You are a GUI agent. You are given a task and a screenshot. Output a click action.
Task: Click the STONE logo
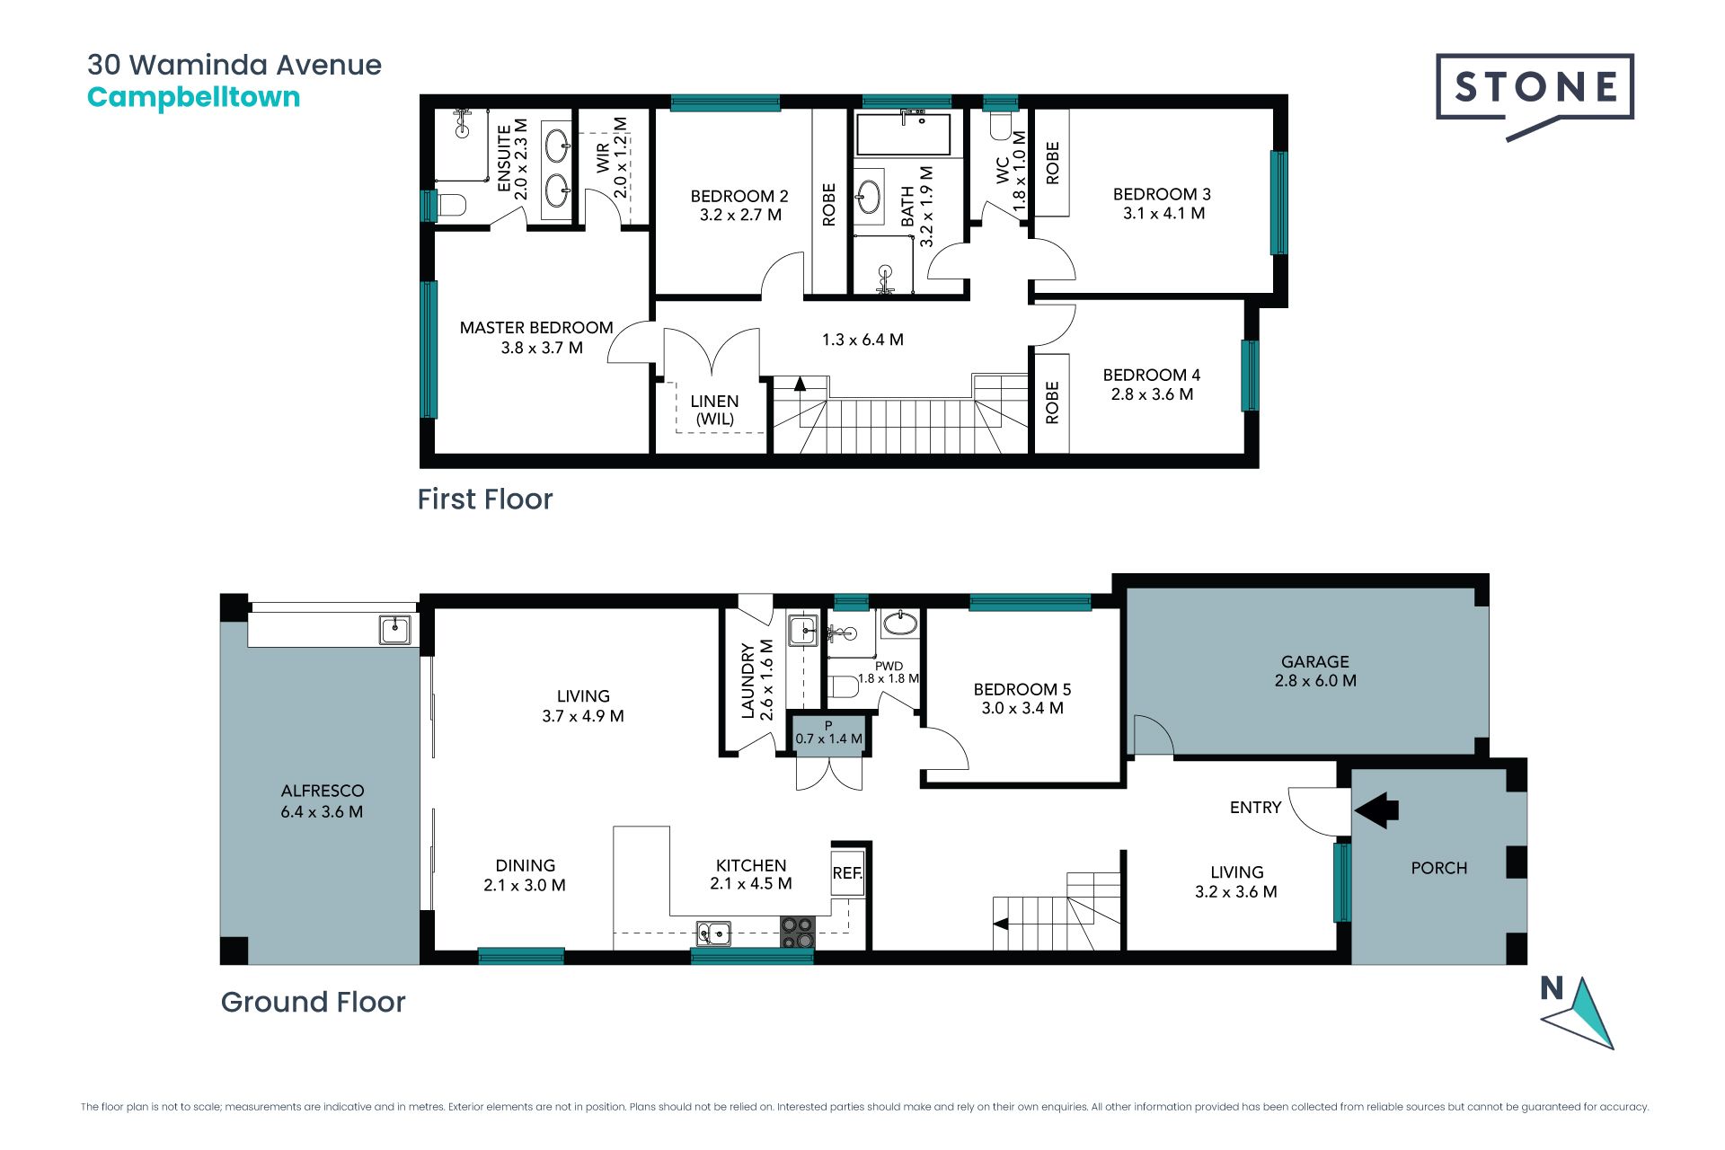[1535, 93]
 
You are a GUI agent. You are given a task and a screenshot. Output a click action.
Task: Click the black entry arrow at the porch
[1376, 810]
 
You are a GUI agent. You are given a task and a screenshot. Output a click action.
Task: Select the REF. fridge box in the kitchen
[847, 871]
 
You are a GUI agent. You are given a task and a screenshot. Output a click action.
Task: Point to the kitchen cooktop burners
[797, 932]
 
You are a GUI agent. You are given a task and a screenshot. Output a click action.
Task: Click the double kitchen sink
[714, 933]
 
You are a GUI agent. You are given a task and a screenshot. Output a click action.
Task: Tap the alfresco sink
[394, 629]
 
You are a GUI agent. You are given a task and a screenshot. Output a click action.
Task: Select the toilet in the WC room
[1001, 124]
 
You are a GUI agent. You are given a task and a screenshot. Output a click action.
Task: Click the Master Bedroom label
[536, 337]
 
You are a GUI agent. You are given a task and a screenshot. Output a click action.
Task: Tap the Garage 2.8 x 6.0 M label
[1315, 671]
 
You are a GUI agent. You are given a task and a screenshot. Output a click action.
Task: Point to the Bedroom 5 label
[1022, 698]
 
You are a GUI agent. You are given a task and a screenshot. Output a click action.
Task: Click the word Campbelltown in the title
[193, 97]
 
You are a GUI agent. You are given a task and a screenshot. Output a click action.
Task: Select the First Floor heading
[485, 499]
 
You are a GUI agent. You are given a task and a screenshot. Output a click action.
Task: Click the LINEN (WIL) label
[715, 410]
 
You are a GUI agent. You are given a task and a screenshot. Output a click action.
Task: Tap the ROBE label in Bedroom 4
[1052, 402]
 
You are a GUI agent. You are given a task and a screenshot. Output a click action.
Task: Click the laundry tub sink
[803, 631]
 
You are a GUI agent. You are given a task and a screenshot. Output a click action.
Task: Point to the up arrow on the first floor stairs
[799, 383]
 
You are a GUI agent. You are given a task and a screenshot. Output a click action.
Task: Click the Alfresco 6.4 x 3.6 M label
[322, 801]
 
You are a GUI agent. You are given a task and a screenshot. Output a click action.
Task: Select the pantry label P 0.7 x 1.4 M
[828, 733]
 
